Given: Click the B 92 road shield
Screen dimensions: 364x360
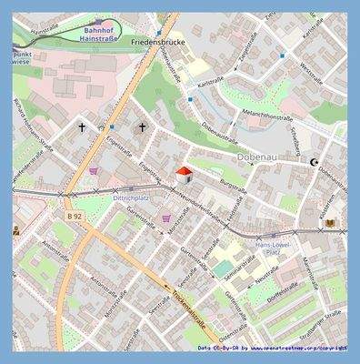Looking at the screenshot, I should [x=75, y=217].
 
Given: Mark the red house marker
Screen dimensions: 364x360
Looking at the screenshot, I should [x=182, y=174].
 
